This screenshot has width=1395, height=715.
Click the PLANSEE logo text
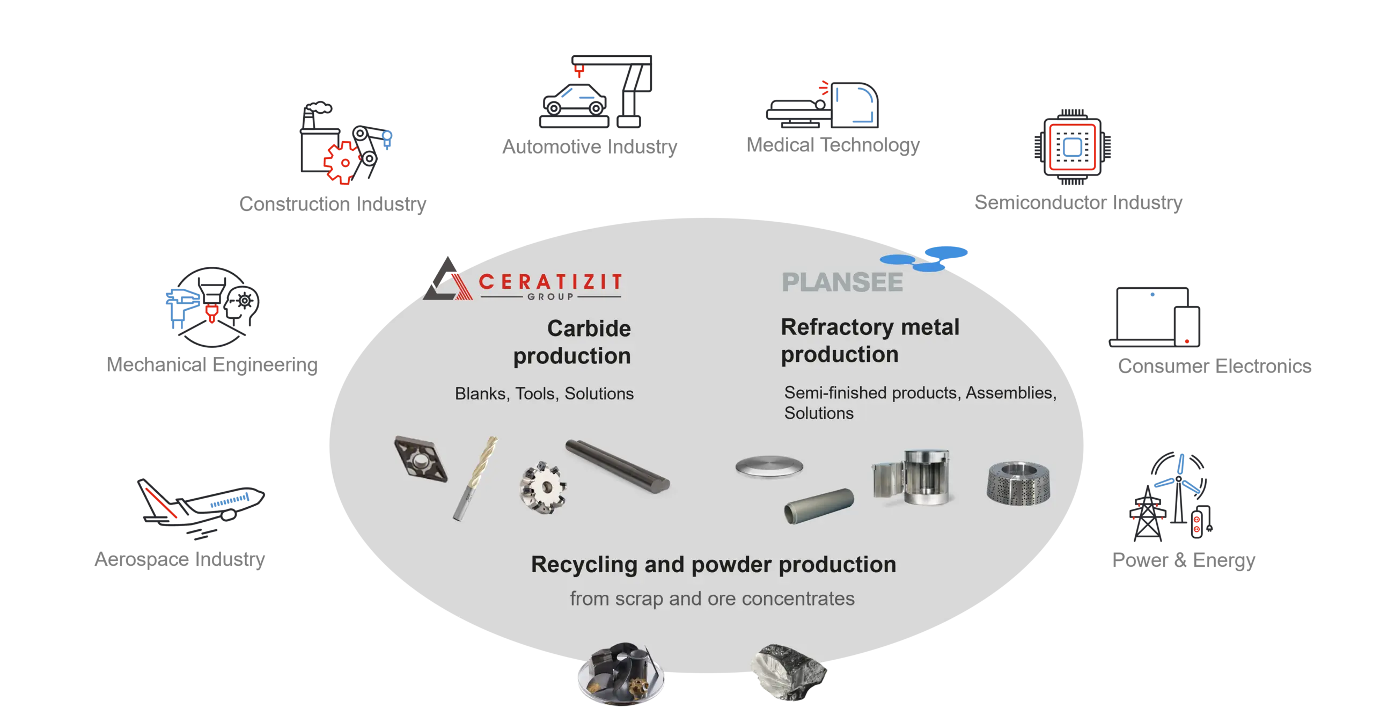point(842,282)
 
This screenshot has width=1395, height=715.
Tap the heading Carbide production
point(573,342)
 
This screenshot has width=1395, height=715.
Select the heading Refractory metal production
point(870,341)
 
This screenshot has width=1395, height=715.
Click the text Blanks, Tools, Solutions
point(544,394)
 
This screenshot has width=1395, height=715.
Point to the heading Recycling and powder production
point(713,564)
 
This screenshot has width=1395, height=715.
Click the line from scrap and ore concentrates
point(712,599)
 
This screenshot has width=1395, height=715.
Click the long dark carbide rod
point(618,466)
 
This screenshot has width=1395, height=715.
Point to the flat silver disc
point(769,466)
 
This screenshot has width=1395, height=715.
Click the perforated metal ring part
point(1018,482)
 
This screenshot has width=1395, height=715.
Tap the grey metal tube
point(819,505)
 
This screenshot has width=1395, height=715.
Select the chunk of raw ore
point(791,672)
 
